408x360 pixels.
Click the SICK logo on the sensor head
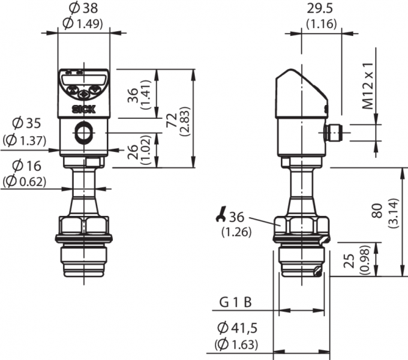pyautogui.click(x=83, y=110)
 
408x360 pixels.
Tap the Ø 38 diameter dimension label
pyautogui.click(x=83, y=8)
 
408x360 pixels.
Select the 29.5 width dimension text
pyautogui.click(x=320, y=8)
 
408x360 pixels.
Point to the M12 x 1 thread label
pyautogui.click(x=368, y=86)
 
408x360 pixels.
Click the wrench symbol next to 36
pyautogui.click(x=221, y=214)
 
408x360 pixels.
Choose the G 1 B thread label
pyautogui.click(x=236, y=302)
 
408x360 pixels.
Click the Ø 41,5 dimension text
pyautogui.click(x=238, y=328)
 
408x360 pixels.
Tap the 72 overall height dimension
pyautogui.click(x=172, y=121)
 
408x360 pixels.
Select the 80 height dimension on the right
pyautogui.click(x=378, y=211)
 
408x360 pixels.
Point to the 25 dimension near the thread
pyautogui.click(x=350, y=260)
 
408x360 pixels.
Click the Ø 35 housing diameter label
pyautogui.click(x=26, y=123)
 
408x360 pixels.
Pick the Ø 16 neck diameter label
pyautogui.click(x=26, y=166)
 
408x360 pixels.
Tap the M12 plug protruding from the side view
pyautogui.click(x=334, y=133)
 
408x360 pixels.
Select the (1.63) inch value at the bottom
pyautogui.click(x=236, y=344)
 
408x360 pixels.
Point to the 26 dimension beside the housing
pyautogui.click(x=133, y=152)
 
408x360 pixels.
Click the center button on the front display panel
pyautogui.click(x=83, y=94)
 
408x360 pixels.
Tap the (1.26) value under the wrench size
pyautogui.click(x=236, y=232)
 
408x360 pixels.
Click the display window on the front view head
pyautogui.click(x=83, y=79)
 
